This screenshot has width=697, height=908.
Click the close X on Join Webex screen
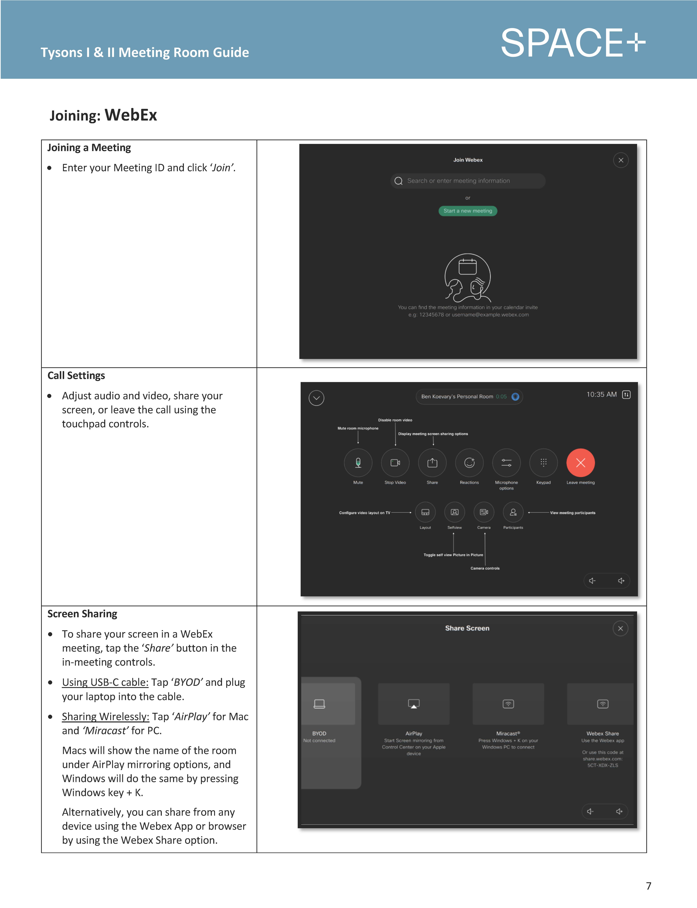pyautogui.click(x=621, y=160)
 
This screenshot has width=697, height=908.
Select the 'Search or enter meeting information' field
pyautogui.click(x=468, y=181)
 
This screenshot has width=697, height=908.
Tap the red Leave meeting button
pyautogui.click(x=580, y=463)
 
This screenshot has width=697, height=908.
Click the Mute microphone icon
pyautogui.click(x=358, y=463)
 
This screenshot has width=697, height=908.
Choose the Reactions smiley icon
pyautogui.click(x=469, y=463)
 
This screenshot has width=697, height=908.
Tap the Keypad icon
pyautogui.click(x=544, y=463)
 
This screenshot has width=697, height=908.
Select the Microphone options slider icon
pyautogui.click(x=506, y=463)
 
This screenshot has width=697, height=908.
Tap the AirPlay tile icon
pyautogui.click(x=414, y=704)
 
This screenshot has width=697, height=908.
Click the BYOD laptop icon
pyautogui.click(x=319, y=704)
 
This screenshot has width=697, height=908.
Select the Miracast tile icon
pyautogui.click(x=508, y=704)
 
